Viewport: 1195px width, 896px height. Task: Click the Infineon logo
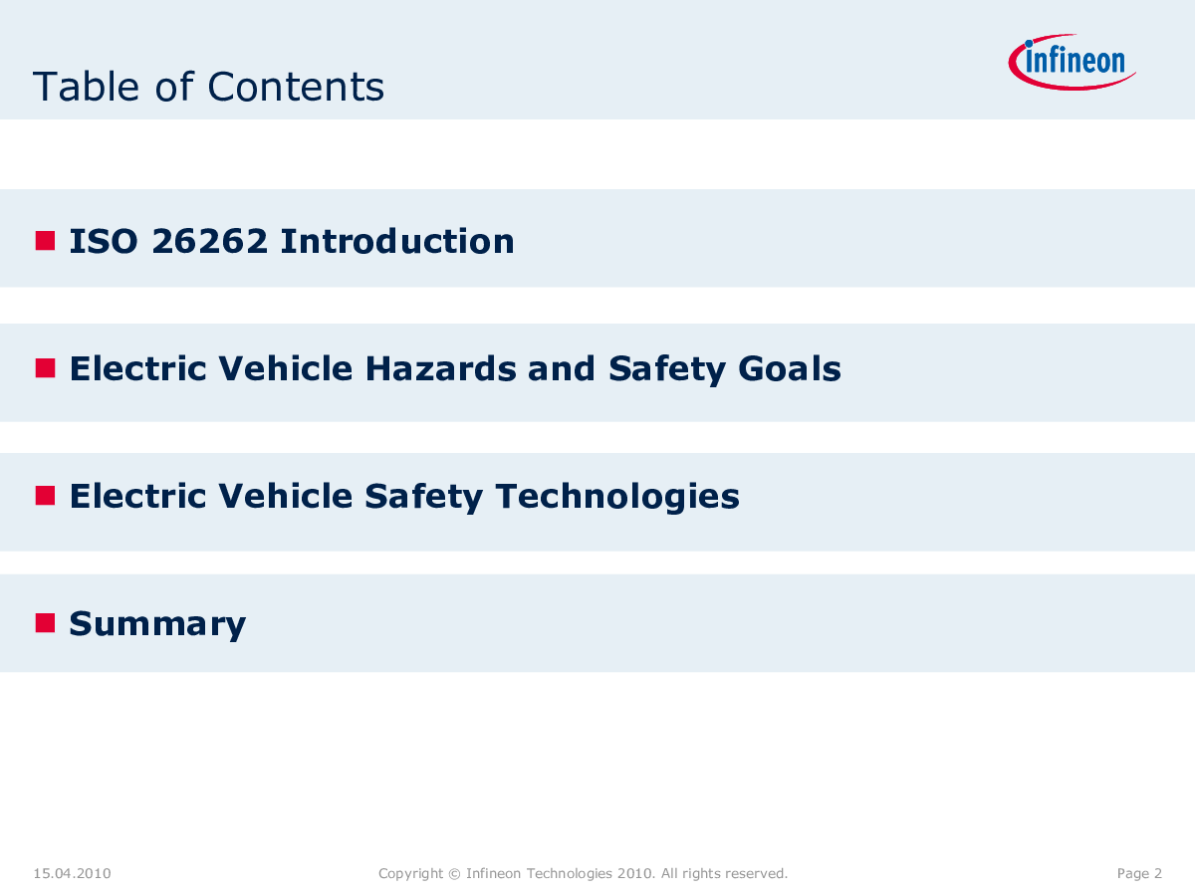click(1072, 62)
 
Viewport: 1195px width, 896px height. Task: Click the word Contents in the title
click(296, 87)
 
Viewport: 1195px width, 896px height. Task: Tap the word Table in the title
click(86, 86)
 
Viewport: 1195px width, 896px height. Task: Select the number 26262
click(209, 241)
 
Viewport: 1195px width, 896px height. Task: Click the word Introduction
click(397, 241)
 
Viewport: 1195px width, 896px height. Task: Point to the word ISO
click(104, 241)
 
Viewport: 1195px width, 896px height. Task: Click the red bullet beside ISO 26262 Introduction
click(45, 241)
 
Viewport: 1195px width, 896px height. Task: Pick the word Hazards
click(440, 368)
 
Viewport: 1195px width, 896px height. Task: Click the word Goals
click(790, 368)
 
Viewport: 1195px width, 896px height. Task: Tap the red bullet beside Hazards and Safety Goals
click(45, 367)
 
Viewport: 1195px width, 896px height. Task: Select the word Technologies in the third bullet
click(617, 497)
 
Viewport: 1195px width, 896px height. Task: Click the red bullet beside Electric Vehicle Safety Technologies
click(45, 496)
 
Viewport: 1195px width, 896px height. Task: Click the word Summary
click(158, 624)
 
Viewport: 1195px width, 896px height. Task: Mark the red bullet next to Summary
click(45, 623)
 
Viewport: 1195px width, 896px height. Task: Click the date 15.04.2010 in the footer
click(73, 873)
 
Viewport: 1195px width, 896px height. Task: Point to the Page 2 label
click(1139, 873)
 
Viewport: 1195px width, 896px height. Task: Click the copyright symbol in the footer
click(454, 874)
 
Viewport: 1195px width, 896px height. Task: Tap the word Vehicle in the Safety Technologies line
click(286, 496)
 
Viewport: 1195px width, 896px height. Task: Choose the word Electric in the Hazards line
click(138, 368)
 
